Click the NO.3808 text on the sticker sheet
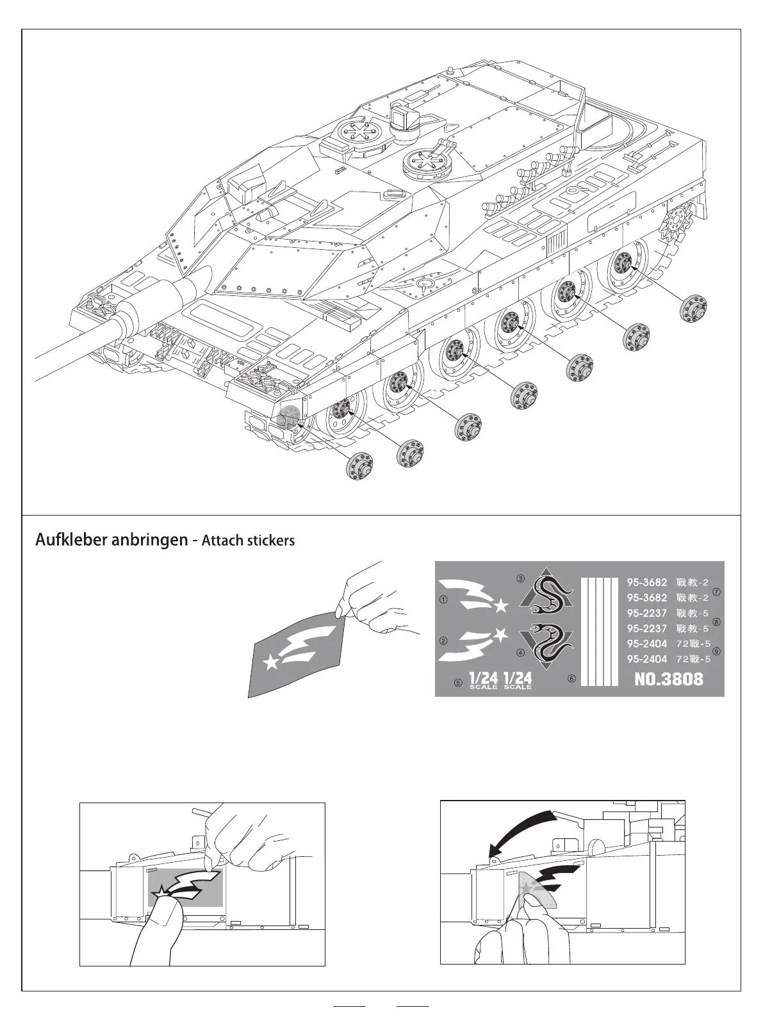(668, 679)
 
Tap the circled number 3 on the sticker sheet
(520, 578)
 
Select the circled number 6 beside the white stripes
(571, 678)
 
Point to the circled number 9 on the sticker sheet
(716, 651)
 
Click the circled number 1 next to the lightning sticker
(443, 600)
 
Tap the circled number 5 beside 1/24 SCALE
(458, 682)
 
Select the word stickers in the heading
(271, 541)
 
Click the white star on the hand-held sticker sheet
(272, 663)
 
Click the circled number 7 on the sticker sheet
(716, 592)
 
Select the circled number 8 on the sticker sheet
(716, 621)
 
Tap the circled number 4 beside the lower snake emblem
(520, 653)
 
